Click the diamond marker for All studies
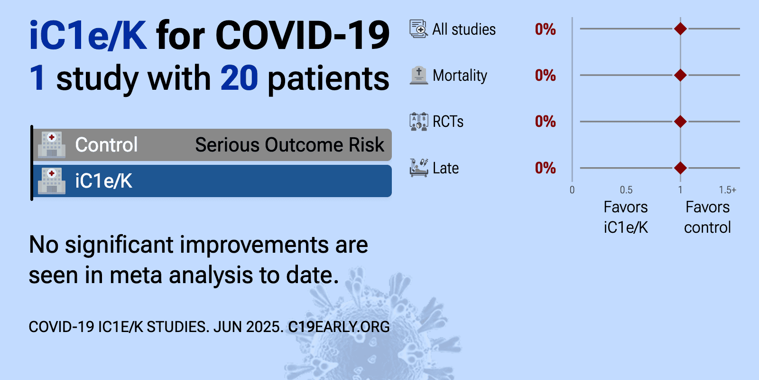click(680, 29)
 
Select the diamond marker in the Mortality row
click(680, 75)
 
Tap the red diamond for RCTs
click(680, 122)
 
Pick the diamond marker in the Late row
click(680, 168)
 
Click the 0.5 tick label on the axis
click(626, 190)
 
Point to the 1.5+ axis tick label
click(728, 190)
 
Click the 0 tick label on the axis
click(572, 190)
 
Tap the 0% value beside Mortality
click(545, 76)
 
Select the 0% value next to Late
click(545, 168)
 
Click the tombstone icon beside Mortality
click(419, 76)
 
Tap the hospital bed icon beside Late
click(419, 168)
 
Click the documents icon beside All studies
click(419, 29)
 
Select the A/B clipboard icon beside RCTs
click(419, 122)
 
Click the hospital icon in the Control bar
click(52, 145)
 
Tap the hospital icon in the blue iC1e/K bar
click(52, 181)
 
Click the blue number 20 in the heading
click(239, 78)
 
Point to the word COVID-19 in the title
click(302, 35)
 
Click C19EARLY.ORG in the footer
click(339, 327)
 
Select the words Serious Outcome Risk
click(290, 145)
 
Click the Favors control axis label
click(707, 217)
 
